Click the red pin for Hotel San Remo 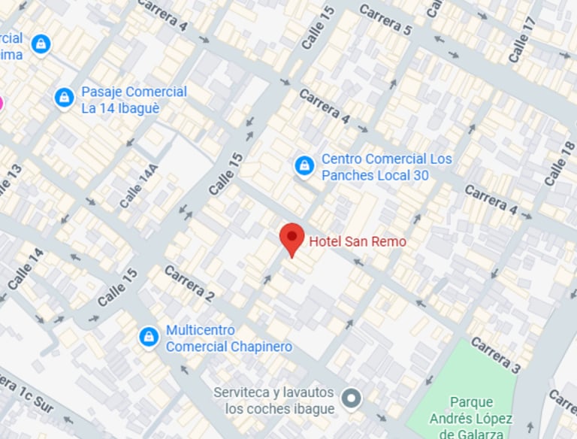click(x=292, y=238)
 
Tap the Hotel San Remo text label click(x=358, y=241)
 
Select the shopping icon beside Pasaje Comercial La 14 click(x=65, y=98)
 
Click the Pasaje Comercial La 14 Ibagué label click(x=134, y=98)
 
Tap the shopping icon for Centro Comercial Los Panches click(x=304, y=165)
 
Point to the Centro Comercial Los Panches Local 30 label click(x=386, y=167)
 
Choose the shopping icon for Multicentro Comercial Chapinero click(x=149, y=337)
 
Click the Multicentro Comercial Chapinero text click(x=228, y=338)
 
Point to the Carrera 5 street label click(x=385, y=20)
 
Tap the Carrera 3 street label click(x=495, y=356)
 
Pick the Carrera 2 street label click(x=189, y=284)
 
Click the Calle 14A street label click(x=134, y=187)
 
